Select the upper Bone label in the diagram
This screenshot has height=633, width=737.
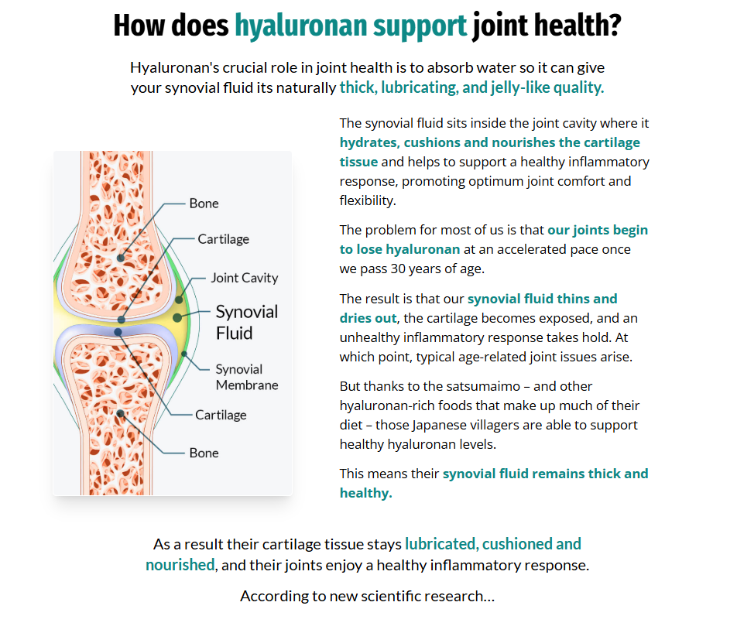204,204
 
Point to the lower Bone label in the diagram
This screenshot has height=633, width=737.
204,453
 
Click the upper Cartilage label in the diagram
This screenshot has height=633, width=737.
223,239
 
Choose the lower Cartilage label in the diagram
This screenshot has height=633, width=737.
221,415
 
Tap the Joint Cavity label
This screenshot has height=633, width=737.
244,278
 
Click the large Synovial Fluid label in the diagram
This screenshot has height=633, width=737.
246,322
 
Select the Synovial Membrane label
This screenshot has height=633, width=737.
246,377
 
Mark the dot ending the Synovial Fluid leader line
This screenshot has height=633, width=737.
177,317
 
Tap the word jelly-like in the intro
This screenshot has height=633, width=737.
523,87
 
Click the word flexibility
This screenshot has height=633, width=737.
367,200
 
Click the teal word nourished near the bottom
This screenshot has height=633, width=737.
180,565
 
